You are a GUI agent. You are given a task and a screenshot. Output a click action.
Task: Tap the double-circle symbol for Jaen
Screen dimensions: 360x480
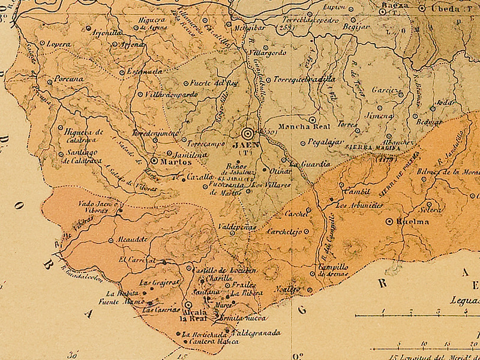[247, 133]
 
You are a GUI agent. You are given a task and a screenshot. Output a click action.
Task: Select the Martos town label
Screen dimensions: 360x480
[175, 161]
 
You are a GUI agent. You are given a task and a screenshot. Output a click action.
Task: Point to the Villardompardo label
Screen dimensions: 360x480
[169, 94]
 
